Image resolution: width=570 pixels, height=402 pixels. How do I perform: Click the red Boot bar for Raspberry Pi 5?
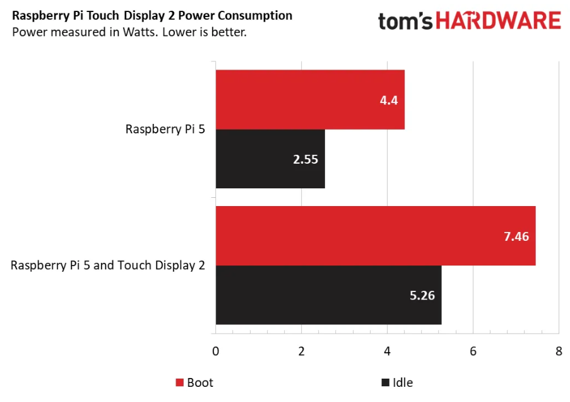pyautogui.click(x=309, y=99)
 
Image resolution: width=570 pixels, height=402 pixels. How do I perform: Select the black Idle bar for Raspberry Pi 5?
pyautogui.click(x=270, y=159)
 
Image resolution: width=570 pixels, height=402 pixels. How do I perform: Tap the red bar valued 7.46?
pyautogui.click(x=375, y=236)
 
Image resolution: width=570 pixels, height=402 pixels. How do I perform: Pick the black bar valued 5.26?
pyautogui.click(x=328, y=295)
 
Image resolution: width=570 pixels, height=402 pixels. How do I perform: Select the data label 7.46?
pyautogui.click(x=516, y=236)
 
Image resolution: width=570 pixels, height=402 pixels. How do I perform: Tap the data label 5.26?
pyautogui.click(x=422, y=295)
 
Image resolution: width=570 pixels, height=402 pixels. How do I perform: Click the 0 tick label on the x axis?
pyautogui.click(x=216, y=351)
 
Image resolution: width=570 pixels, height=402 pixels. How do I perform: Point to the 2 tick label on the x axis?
pyautogui.click(x=302, y=351)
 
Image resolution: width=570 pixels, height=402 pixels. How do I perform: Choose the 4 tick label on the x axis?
pyautogui.click(x=387, y=351)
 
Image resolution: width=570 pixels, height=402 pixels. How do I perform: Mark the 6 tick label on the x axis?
pyautogui.click(x=473, y=351)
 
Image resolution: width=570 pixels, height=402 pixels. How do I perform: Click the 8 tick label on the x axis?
pyautogui.click(x=558, y=351)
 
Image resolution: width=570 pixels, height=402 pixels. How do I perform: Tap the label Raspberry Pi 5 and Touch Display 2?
pyautogui.click(x=108, y=265)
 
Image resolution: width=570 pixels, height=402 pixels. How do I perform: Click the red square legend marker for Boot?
pyautogui.click(x=179, y=383)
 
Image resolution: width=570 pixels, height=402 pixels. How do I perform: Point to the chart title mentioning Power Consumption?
pyautogui.click(x=152, y=15)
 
